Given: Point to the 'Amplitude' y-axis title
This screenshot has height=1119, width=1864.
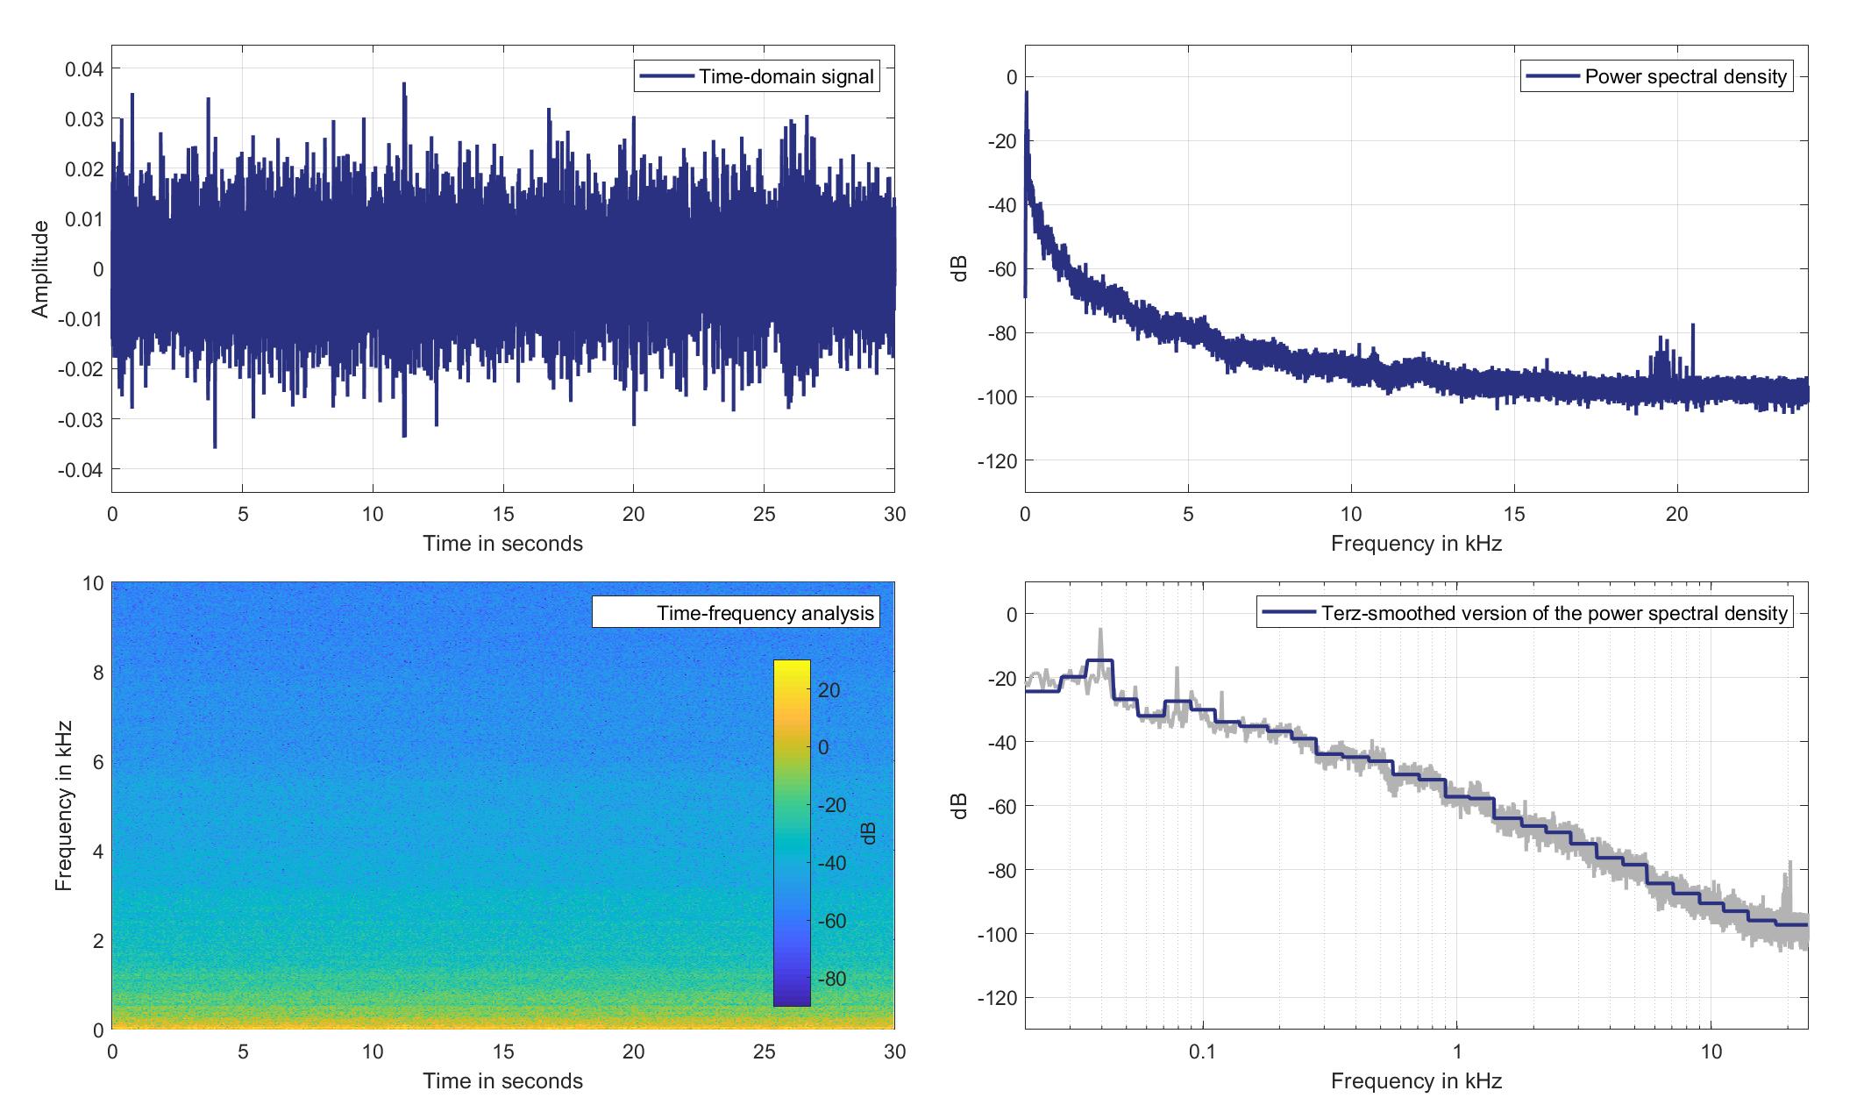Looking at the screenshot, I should click(40, 269).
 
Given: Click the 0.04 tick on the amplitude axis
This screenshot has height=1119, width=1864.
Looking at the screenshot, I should click(84, 69).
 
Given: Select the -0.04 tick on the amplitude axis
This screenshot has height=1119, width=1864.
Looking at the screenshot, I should click(82, 470).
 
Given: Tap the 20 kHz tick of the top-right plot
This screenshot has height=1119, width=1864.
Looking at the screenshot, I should click(1676, 514).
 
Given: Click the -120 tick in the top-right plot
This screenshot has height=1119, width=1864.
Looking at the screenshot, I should click(997, 461).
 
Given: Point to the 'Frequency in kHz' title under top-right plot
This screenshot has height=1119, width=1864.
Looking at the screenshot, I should click(1416, 544).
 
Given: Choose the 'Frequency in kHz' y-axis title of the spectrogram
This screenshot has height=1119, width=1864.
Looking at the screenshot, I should click(62, 806).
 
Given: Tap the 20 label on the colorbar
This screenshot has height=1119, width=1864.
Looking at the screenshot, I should click(829, 691).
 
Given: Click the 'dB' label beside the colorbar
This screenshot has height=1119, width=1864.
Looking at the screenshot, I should click(868, 833).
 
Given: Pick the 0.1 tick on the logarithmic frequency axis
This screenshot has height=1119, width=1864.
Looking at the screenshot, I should click(1202, 1051).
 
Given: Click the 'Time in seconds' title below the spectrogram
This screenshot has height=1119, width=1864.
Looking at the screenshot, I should click(502, 1081).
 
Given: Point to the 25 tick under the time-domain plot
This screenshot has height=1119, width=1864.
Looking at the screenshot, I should click(764, 514).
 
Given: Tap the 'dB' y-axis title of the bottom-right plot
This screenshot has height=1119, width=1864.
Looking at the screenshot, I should click(960, 806).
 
